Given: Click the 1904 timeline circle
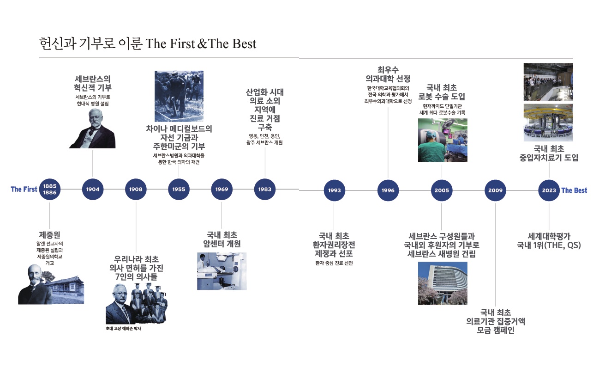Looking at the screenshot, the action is [92, 190].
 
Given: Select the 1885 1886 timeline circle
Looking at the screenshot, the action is [50, 190].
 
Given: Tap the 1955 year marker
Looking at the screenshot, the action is [179, 190].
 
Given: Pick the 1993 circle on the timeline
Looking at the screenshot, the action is [334, 190].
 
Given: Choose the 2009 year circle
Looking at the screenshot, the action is [495, 190].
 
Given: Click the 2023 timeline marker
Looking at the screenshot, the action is [549, 190].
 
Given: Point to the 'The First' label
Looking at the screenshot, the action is [24, 190].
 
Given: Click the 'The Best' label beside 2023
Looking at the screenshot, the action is [574, 190].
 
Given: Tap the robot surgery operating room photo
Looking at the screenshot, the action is [443, 140].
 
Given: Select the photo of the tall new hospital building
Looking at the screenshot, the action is [443, 283].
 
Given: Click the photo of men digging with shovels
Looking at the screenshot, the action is [179, 96].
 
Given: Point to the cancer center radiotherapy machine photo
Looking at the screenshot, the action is [222, 271].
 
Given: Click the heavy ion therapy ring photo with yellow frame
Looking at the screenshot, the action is [548, 123].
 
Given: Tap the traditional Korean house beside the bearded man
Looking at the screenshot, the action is [66, 289].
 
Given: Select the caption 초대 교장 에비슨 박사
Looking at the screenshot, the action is [123, 329].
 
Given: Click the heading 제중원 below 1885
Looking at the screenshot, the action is [50, 235].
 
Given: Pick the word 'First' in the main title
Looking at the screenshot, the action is [182, 43].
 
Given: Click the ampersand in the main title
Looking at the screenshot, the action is [202, 44].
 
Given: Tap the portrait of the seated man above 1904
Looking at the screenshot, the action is [92, 129].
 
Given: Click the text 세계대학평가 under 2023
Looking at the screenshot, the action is [549, 236].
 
